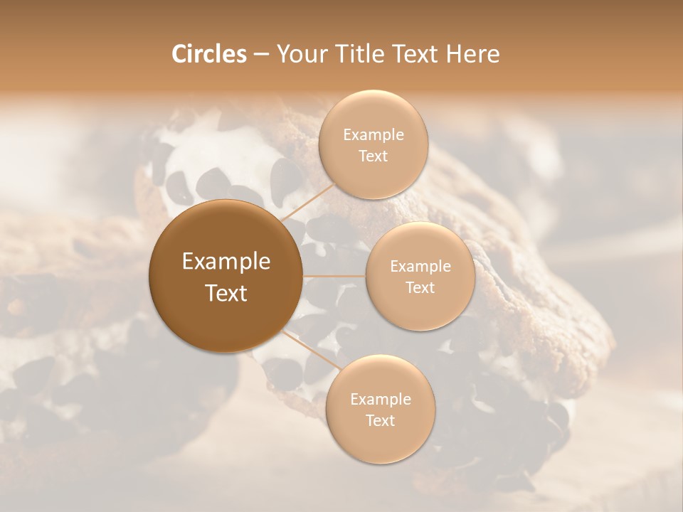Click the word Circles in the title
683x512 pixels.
[208, 54]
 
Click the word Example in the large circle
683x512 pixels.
[226, 262]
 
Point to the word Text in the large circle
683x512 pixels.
[226, 292]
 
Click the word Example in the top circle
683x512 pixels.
[374, 134]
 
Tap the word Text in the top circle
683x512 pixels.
[374, 156]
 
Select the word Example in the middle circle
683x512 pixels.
[420, 266]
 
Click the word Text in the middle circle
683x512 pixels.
[420, 287]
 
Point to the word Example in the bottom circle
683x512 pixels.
[381, 399]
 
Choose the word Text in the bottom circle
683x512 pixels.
[381, 420]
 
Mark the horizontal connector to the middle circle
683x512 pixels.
[334, 276]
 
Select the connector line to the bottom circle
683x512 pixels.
[311, 350]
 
